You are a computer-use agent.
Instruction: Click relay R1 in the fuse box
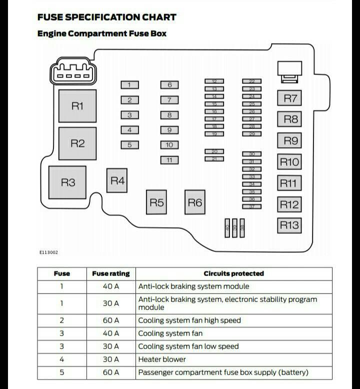(x=77, y=106)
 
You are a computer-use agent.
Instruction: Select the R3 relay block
(x=67, y=182)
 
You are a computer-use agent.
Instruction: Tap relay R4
(x=117, y=180)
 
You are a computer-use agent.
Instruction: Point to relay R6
(x=194, y=202)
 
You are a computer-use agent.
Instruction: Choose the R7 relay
(x=290, y=98)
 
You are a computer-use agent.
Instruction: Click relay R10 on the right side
(x=289, y=162)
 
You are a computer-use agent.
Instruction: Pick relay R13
(x=289, y=225)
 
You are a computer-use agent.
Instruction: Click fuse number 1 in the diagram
(x=129, y=85)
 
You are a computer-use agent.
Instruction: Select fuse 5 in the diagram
(x=129, y=145)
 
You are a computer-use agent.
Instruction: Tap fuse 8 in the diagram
(x=169, y=115)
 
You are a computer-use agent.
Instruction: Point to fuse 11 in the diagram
(x=169, y=160)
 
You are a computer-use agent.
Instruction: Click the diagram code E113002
(x=48, y=252)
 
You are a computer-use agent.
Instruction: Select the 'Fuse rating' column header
(x=110, y=274)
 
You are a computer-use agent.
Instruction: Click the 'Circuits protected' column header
(x=233, y=274)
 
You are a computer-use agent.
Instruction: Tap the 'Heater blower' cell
(x=162, y=359)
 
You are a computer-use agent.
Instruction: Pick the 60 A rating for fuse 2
(x=110, y=320)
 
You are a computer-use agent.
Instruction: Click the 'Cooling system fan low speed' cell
(x=188, y=346)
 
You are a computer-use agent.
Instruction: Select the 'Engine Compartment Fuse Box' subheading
(x=102, y=34)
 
